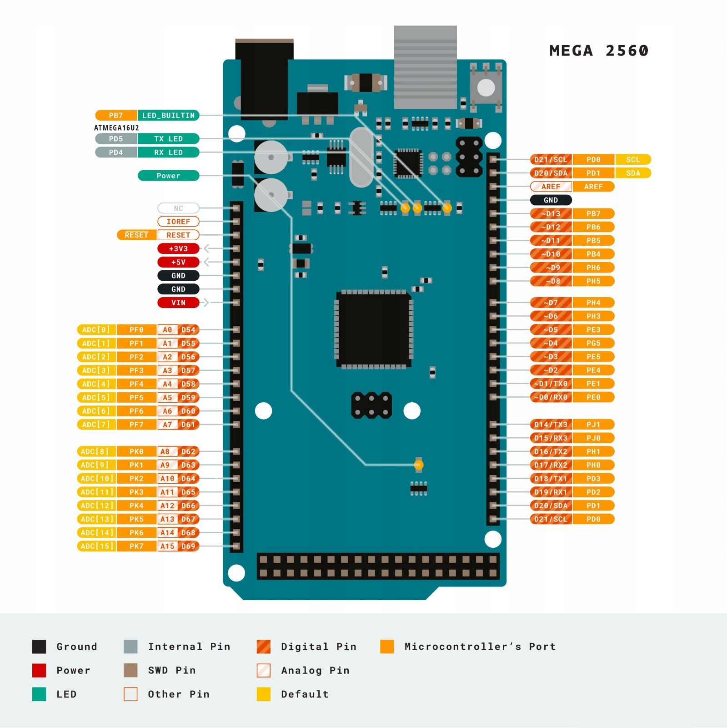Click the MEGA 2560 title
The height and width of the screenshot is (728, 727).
pyautogui.click(x=598, y=51)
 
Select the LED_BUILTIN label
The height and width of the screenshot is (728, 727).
pyautogui.click(x=168, y=116)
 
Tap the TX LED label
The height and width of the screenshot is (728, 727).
pyautogui.click(x=168, y=139)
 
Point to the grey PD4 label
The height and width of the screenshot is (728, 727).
pyautogui.click(x=116, y=152)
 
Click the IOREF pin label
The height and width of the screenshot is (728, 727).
pyautogui.click(x=178, y=222)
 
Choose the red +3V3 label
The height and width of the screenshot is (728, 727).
pyautogui.click(x=178, y=249)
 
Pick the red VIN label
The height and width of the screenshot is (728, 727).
pyautogui.click(x=178, y=303)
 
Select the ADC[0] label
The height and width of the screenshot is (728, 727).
pyautogui.click(x=96, y=330)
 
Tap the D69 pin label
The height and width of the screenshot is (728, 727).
pyautogui.click(x=188, y=546)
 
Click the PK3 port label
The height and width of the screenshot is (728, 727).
pyautogui.click(x=136, y=492)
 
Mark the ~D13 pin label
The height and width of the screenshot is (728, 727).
pyautogui.click(x=551, y=213)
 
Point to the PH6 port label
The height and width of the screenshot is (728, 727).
pyautogui.click(x=593, y=268)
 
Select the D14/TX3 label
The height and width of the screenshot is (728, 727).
pyautogui.click(x=551, y=425)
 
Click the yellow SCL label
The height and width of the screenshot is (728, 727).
pyautogui.click(x=633, y=160)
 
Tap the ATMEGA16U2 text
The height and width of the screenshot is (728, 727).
pyautogui.click(x=116, y=128)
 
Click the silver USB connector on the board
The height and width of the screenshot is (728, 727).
pyautogui.click(x=425, y=67)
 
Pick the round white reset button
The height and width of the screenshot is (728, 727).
pyautogui.click(x=486, y=88)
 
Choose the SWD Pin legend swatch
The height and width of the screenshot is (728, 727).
pyautogui.click(x=130, y=670)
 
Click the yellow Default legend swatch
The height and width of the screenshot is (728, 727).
pyautogui.click(x=264, y=694)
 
